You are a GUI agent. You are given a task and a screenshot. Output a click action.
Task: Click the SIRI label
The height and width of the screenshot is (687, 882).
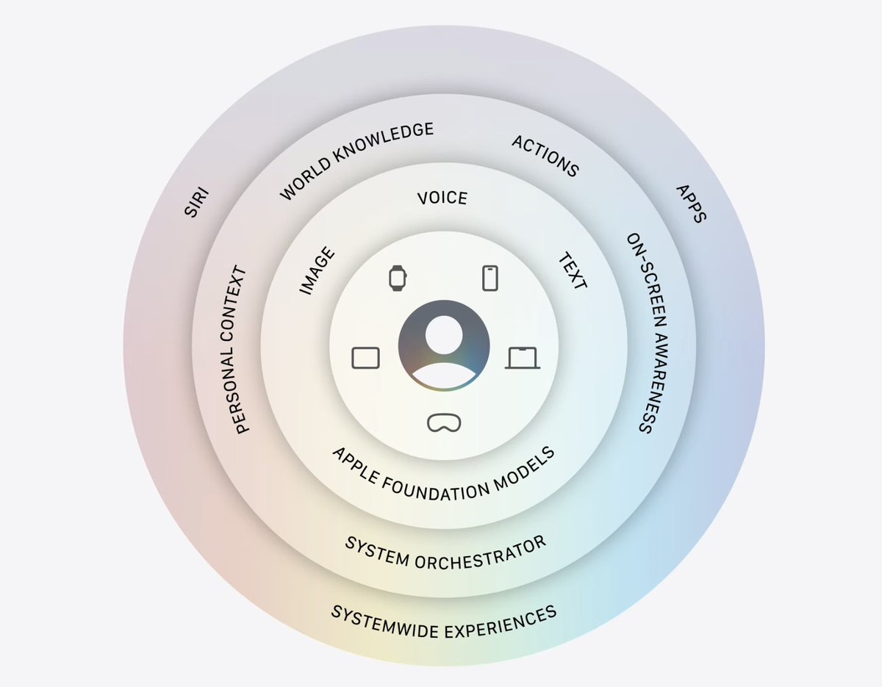pos(197,201)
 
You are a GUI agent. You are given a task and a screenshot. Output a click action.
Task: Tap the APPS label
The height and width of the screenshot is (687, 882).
pos(691,204)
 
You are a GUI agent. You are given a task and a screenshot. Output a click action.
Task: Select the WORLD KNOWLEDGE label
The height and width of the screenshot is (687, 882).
pos(356,160)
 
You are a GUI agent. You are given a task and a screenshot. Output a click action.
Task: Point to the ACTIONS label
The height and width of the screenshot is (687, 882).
pos(545,156)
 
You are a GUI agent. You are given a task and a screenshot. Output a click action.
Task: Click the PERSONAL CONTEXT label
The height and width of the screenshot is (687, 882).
pos(234,350)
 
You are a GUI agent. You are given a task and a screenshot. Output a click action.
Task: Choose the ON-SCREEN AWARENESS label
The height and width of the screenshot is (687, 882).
pos(647,333)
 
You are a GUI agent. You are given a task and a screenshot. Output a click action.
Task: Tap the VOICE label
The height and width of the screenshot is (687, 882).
pos(442,198)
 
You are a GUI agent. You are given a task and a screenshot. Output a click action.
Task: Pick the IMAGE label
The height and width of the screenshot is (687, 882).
pos(317,270)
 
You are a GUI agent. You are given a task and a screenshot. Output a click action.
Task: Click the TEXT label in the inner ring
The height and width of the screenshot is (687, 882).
pos(573,270)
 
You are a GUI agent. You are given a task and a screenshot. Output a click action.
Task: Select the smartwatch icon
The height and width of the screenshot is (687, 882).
pos(398,278)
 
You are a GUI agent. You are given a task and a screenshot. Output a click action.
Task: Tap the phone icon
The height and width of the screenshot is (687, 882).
pos(490,278)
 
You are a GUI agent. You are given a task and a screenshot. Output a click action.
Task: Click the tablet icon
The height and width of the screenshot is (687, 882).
pos(365,358)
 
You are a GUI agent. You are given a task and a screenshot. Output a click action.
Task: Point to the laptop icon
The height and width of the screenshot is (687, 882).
pos(523,358)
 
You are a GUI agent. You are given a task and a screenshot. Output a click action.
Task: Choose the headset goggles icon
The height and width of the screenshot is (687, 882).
pos(444,422)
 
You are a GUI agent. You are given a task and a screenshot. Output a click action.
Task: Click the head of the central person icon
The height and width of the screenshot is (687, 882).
pos(444,335)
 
